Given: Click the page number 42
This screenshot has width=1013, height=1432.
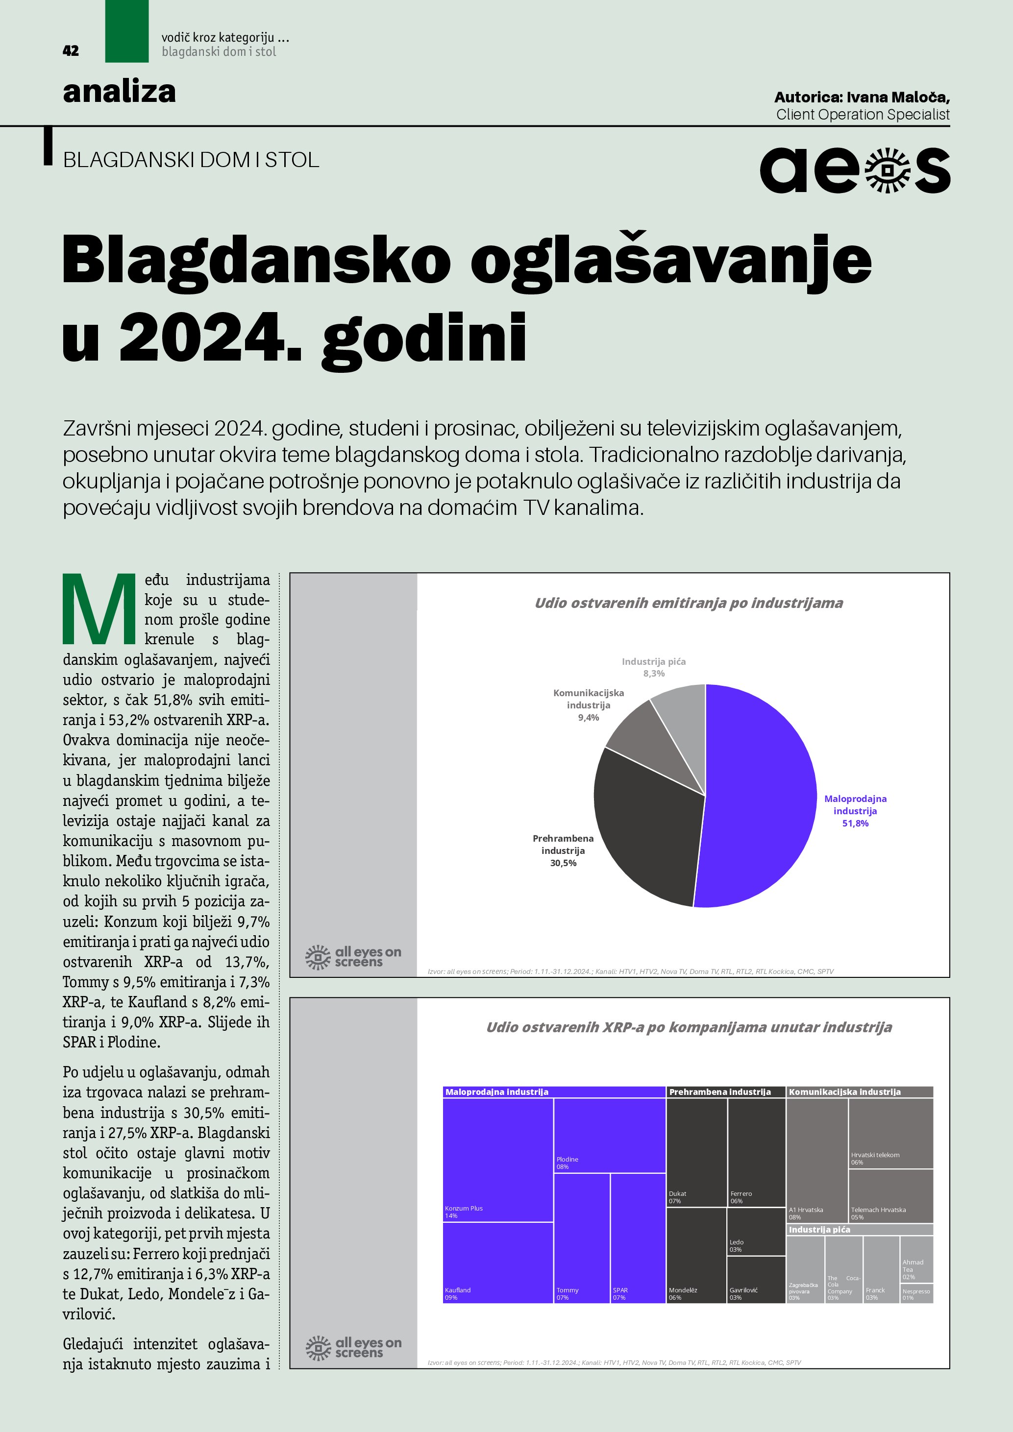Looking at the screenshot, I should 71,51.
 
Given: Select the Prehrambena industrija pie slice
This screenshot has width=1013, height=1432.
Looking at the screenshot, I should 642,829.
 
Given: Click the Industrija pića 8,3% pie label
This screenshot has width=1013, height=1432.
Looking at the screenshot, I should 654,667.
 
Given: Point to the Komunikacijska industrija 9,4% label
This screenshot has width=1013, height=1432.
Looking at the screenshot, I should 588,705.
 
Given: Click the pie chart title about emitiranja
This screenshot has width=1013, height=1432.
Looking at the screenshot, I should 689,603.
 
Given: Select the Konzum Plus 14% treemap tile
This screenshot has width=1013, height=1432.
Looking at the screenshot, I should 498,1160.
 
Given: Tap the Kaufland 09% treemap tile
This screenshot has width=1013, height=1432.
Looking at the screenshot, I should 498,1262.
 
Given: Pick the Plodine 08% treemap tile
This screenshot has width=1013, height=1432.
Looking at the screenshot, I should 610,1135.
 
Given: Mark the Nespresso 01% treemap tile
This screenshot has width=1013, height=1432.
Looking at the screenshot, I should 916,1293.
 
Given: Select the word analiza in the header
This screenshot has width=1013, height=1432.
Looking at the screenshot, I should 119,92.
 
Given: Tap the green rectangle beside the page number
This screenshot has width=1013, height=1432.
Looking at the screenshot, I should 126,31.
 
